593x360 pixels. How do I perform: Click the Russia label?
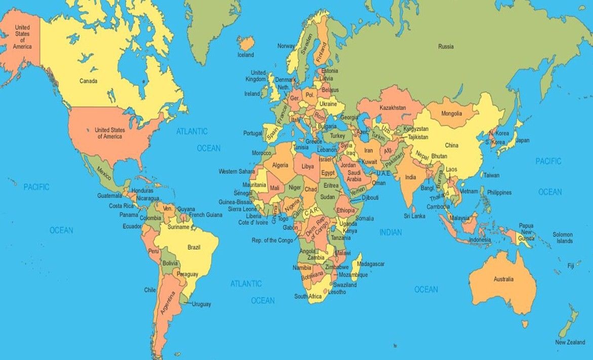pyautogui.click(x=446, y=47)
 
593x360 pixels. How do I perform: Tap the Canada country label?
pyautogui.click(x=88, y=81)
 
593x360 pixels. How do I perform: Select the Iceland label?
pyautogui.click(x=246, y=54)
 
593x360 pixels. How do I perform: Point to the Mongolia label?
pyautogui.click(x=452, y=113)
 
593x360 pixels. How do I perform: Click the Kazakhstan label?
pyautogui.click(x=392, y=108)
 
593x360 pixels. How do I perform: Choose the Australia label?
pyautogui.click(x=504, y=279)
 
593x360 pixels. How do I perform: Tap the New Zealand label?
pyautogui.click(x=570, y=343)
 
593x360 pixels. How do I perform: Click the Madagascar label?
pyautogui.click(x=371, y=264)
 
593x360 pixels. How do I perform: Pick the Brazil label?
pyautogui.click(x=194, y=247)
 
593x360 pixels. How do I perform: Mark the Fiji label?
pyautogui.click(x=571, y=265)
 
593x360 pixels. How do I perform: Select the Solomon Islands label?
pyautogui.click(x=563, y=237)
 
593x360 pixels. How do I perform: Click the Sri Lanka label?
pyautogui.click(x=414, y=216)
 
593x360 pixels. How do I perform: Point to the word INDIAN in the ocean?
pyautogui.click(x=390, y=232)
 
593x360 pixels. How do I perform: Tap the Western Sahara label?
pyautogui.click(x=236, y=171)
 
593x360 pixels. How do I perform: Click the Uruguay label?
pyautogui.click(x=201, y=304)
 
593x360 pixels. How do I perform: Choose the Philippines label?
pyautogui.click(x=499, y=192)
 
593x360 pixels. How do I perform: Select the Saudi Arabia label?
pyautogui.click(x=354, y=176)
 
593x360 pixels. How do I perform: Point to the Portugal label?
pyautogui.click(x=253, y=133)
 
